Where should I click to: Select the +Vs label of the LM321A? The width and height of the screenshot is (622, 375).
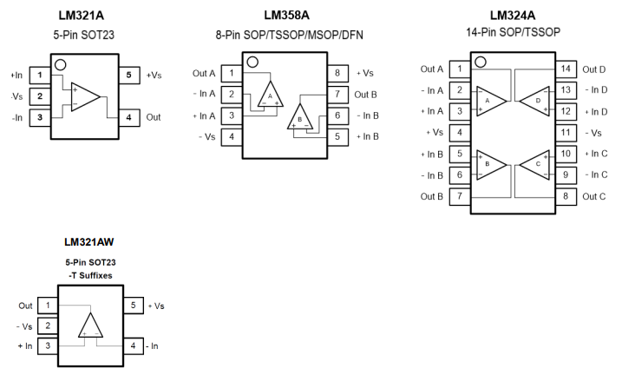(154, 76)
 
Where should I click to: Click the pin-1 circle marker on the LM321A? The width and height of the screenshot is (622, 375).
(59, 64)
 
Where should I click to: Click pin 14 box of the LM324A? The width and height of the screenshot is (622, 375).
(565, 69)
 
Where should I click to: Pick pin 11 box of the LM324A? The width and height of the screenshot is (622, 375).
(565, 132)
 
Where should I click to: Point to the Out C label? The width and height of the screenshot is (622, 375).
(594, 196)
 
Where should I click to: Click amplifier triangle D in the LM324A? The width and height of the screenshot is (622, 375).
(537, 100)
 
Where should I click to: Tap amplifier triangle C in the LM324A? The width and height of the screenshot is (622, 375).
(537, 163)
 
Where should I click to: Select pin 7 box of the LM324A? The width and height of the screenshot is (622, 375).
(458, 196)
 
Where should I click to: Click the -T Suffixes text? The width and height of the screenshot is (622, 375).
(90, 275)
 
